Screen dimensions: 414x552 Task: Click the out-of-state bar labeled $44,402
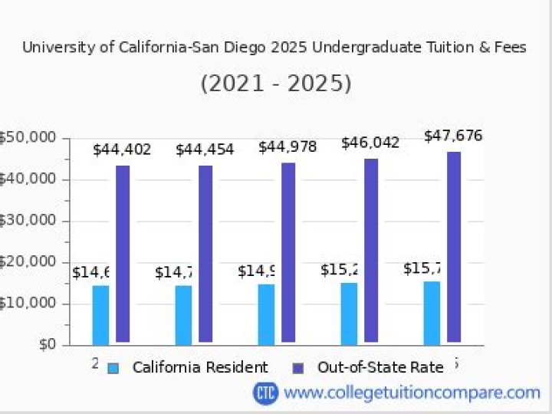[x=123, y=253]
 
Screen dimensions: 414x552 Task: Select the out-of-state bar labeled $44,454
[x=205, y=253]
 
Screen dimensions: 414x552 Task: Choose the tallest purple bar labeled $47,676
[x=454, y=246]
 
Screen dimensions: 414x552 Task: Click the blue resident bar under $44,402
[x=100, y=314]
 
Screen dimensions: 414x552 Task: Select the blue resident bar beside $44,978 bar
[x=266, y=314]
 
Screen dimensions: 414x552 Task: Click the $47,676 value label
[x=453, y=136]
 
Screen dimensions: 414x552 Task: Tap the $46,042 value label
[x=370, y=143]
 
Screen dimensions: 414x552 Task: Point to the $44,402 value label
[x=122, y=149]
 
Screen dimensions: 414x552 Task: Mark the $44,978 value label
[x=287, y=146]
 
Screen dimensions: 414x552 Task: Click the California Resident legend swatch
[x=113, y=368]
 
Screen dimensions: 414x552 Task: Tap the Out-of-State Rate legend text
[x=380, y=368]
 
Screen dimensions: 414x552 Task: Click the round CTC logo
[x=265, y=393]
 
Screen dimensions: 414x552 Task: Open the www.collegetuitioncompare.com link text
[x=412, y=393]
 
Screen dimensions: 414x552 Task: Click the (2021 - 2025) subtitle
[x=276, y=83]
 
